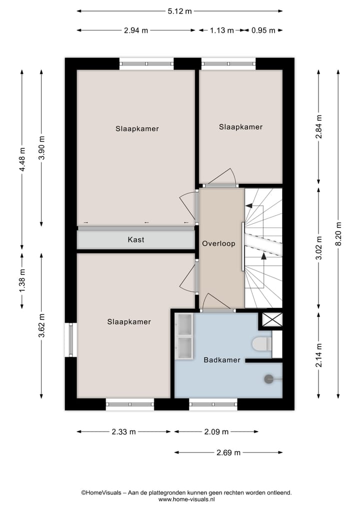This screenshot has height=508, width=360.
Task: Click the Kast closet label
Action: (136, 240)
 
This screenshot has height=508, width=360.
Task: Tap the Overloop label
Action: (218, 244)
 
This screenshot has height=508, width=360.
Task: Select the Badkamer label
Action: (222, 360)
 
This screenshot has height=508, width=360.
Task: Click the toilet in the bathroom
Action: (262, 344)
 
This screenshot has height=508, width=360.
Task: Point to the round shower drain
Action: (269, 380)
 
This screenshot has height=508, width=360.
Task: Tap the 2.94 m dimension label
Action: (136, 30)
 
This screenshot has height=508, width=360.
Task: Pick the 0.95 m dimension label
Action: (263, 30)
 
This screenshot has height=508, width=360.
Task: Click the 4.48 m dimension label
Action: (22, 160)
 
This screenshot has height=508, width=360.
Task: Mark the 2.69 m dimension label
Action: (228, 453)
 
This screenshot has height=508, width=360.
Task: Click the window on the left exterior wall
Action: (70, 340)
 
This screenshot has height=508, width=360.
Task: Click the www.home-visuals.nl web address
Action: (186, 499)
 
